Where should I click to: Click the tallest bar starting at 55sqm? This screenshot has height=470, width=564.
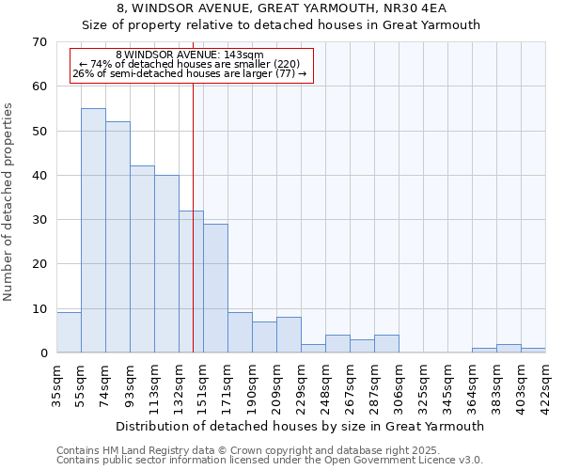click(93, 230)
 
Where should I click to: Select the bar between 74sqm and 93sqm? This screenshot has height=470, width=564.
click(117, 237)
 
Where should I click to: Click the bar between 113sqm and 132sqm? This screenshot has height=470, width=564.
click(166, 263)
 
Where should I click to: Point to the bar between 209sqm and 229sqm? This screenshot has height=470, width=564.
click(289, 336)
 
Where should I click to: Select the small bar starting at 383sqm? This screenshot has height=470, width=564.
click(509, 349)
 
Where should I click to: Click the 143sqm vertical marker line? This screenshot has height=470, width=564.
click(193, 216)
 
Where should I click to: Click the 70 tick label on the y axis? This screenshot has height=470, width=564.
click(39, 42)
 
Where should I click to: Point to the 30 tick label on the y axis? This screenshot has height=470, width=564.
click(39, 220)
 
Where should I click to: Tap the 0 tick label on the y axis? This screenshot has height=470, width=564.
click(42, 353)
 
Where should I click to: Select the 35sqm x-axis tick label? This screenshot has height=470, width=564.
click(57, 385)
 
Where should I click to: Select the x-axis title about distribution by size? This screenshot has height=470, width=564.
click(301, 426)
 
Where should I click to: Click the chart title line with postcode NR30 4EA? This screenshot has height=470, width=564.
click(282, 9)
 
